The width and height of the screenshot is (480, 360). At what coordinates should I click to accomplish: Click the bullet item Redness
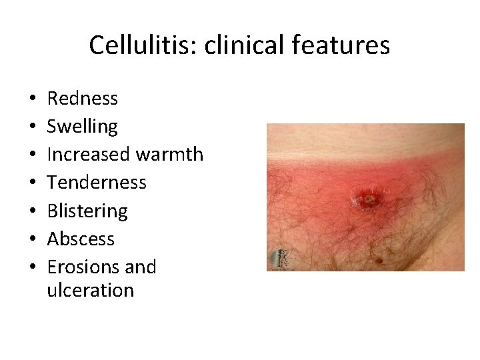pos(83,99)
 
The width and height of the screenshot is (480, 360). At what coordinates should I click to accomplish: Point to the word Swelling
pos(83,127)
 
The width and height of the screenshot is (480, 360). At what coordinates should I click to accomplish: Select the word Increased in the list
pos(89,155)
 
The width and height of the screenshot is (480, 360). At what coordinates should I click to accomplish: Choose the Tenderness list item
pos(97,183)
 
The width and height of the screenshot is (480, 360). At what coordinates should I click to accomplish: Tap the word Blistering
pos(87,211)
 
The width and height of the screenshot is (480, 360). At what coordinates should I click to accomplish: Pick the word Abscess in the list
pos(81,239)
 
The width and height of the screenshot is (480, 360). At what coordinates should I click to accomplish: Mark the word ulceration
pos(91,291)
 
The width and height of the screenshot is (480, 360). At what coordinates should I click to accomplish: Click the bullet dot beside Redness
pos(33,100)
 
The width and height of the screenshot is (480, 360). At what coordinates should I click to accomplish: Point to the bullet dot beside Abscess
pos(33,240)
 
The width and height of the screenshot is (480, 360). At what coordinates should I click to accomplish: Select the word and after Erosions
pos(141,267)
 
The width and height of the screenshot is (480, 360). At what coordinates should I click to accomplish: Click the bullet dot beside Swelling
pos(33,128)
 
